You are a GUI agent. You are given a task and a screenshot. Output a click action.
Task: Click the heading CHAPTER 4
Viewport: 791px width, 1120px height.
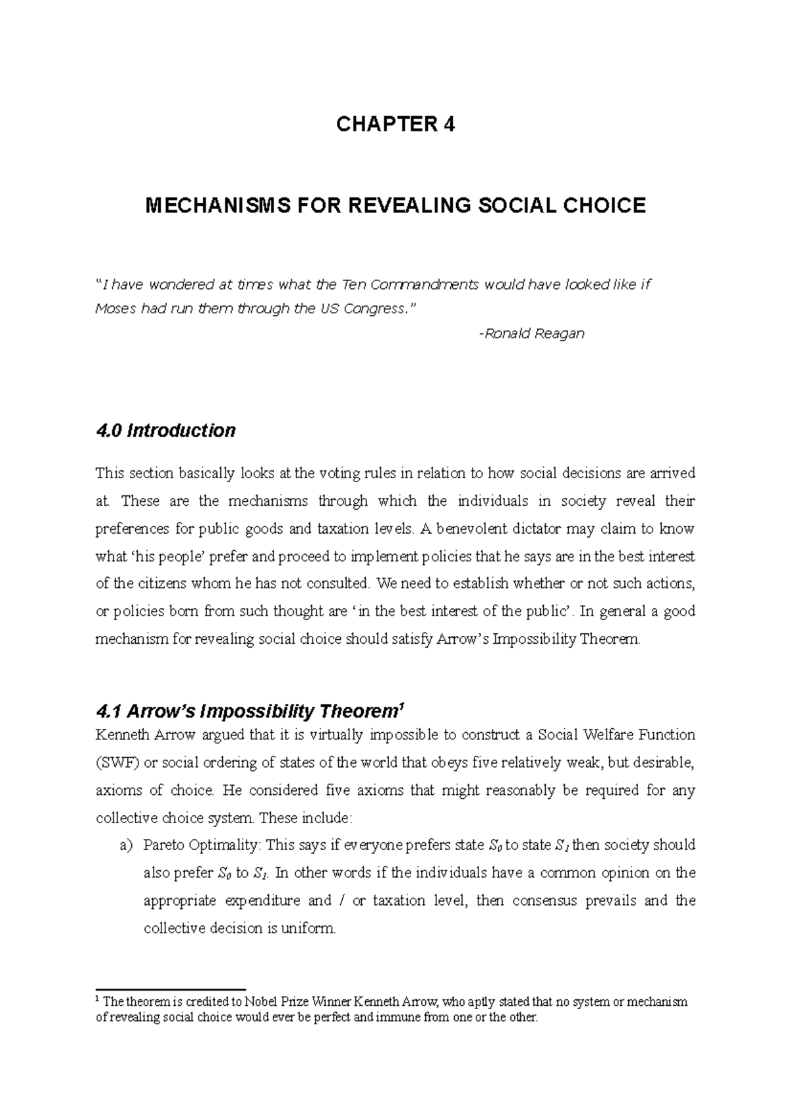tap(395, 125)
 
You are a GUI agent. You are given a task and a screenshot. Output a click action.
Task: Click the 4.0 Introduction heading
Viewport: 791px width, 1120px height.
tap(165, 431)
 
